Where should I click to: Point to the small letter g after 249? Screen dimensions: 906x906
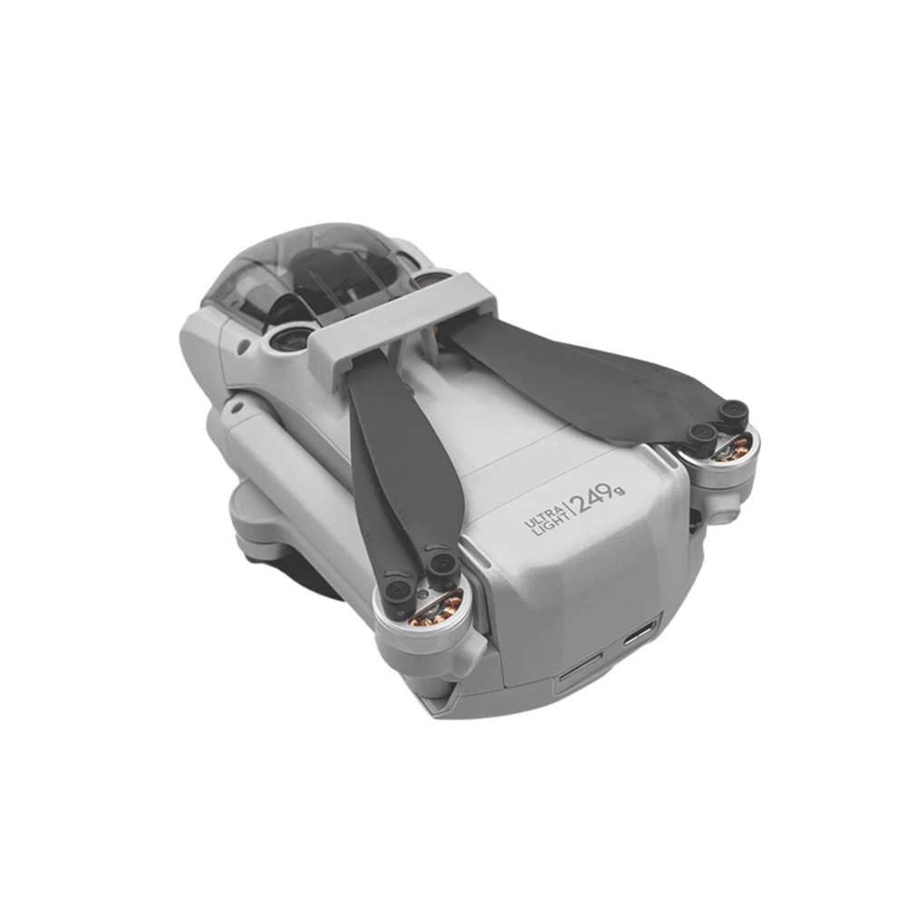(x=620, y=491)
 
